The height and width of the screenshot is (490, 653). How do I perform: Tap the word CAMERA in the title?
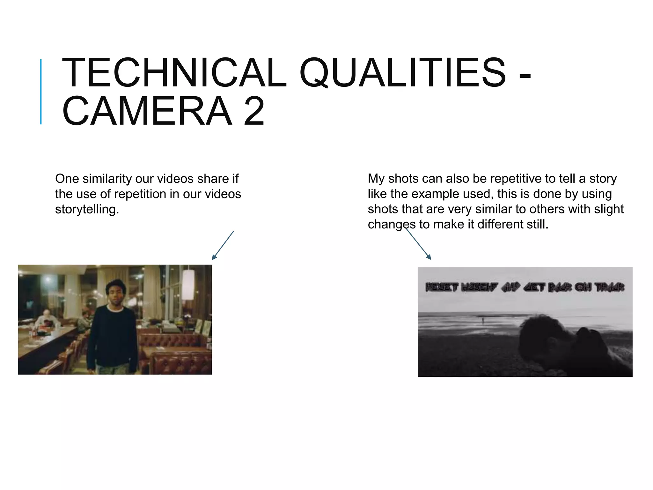point(147,111)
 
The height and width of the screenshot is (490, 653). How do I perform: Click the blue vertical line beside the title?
point(41,92)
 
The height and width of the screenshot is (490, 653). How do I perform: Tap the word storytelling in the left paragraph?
point(87,210)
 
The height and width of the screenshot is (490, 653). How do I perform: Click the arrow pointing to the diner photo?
point(223,245)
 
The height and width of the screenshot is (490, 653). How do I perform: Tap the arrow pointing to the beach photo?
point(418,244)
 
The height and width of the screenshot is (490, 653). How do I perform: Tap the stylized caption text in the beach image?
point(525,287)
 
